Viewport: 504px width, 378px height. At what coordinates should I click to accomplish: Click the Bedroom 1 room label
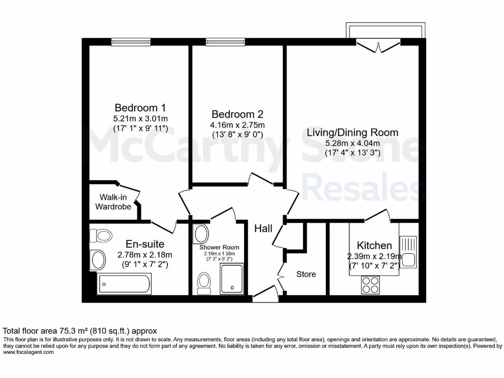pos(140,107)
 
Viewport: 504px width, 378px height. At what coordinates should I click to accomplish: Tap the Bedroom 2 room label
pos(237,114)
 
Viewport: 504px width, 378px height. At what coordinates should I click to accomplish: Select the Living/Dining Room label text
pos(352,132)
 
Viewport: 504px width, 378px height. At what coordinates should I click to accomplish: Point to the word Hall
pos(263,228)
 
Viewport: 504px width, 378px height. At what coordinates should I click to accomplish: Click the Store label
pos(306,274)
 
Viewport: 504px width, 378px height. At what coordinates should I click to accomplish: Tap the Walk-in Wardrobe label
pos(113,202)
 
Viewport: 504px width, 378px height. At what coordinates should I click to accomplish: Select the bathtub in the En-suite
pos(125,284)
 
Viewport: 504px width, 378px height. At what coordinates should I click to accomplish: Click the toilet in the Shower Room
pos(204,283)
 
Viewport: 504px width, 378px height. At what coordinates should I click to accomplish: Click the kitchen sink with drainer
pos(409,251)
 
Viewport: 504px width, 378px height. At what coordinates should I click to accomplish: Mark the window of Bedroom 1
pos(131,42)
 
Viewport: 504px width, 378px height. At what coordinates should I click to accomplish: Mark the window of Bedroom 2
pos(225,42)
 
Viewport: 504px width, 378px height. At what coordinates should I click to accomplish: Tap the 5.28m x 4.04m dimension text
pos(352,143)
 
